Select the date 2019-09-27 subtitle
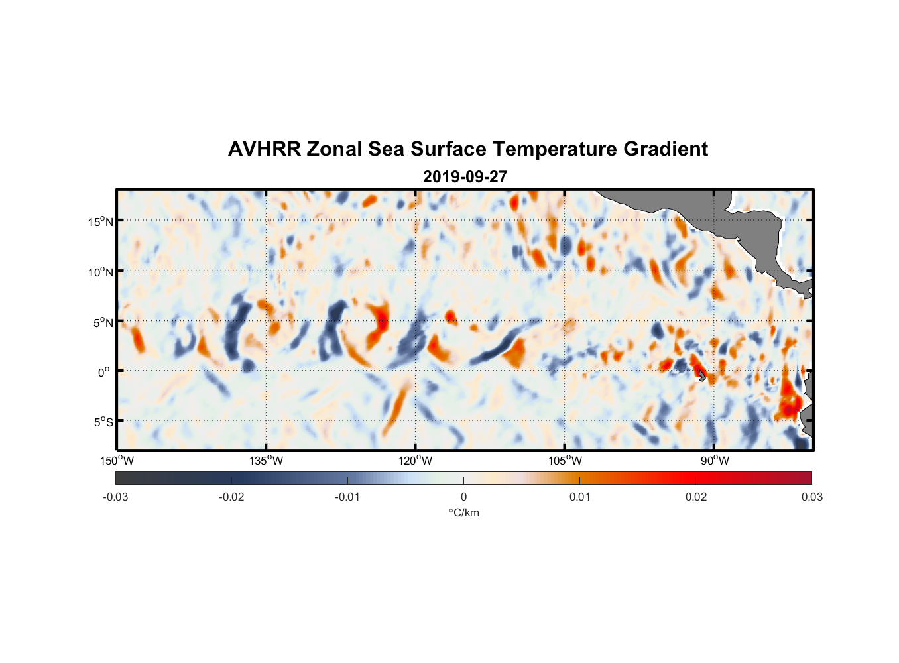click(465, 177)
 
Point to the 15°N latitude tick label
click(100, 221)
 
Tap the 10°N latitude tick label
click(100, 272)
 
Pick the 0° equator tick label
click(104, 372)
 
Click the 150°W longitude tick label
click(117, 461)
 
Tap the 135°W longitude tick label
click(267, 461)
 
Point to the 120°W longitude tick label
click(416, 461)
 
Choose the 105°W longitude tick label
click(565, 461)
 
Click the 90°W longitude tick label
click(714, 461)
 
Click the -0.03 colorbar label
click(115, 497)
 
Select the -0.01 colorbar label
click(347, 497)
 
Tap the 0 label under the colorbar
click(463, 497)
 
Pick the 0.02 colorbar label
click(696, 497)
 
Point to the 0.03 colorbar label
click(811, 497)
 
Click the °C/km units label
click(464, 512)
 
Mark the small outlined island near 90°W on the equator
click(702, 376)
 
